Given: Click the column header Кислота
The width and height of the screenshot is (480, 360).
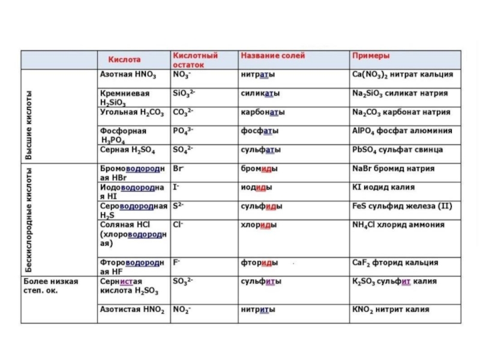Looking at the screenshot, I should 125,60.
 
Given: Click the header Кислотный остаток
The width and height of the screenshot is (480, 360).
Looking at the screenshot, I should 194,60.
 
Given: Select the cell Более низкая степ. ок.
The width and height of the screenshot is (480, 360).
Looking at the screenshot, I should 50,286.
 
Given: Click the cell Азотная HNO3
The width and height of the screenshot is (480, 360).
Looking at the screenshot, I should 127,75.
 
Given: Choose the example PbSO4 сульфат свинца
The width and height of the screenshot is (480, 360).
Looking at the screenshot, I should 397,149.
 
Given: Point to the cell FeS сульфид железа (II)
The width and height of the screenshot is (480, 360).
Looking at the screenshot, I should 403,206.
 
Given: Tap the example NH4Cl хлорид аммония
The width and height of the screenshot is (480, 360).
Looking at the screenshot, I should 398,224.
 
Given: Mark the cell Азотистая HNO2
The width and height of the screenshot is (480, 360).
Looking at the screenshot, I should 131,310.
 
